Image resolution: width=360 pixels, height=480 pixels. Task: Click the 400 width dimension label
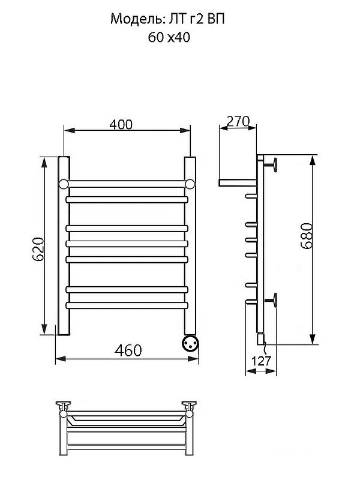[x=121, y=125]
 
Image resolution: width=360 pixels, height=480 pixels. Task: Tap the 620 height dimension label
[x=39, y=249]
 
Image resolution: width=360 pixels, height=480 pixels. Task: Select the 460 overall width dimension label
[x=128, y=350]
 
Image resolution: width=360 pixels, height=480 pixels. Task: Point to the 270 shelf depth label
[x=238, y=121]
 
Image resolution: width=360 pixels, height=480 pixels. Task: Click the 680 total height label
[x=307, y=236]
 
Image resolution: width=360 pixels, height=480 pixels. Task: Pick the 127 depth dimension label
[x=261, y=361]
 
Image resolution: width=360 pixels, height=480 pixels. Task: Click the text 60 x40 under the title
[x=169, y=37]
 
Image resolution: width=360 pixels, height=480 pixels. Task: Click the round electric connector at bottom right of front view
[x=190, y=343]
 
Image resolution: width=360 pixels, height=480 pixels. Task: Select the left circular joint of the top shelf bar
[x=64, y=184]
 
